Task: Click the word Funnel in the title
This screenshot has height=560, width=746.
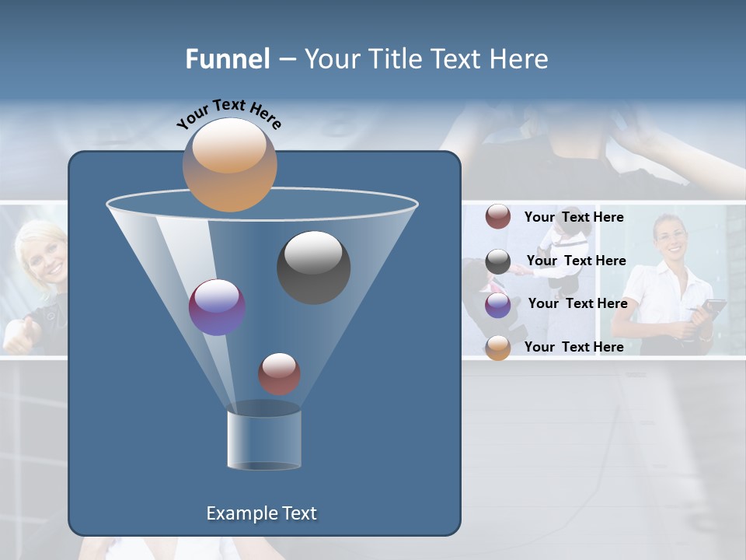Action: (x=228, y=59)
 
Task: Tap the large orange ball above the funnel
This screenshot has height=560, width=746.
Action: (x=229, y=165)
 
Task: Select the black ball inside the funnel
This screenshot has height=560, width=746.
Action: (x=313, y=268)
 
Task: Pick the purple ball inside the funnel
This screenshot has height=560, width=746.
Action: (x=217, y=307)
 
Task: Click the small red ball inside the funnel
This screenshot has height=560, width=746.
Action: (x=279, y=374)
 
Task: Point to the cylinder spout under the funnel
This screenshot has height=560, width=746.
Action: (x=264, y=439)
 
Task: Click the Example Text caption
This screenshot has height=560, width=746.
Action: (x=261, y=513)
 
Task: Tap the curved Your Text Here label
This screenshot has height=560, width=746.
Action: (x=228, y=113)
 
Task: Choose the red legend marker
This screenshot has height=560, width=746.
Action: (x=498, y=216)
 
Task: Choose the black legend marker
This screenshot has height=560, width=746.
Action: (x=498, y=262)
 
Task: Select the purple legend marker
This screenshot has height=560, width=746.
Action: (x=498, y=305)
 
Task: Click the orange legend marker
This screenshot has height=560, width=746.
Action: (x=498, y=348)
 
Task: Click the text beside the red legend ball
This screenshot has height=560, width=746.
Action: (x=573, y=217)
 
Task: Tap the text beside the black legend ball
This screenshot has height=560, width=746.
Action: (x=576, y=261)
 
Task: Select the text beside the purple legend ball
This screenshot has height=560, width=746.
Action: (x=577, y=303)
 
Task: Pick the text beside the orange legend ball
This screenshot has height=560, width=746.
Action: (x=573, y=347)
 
